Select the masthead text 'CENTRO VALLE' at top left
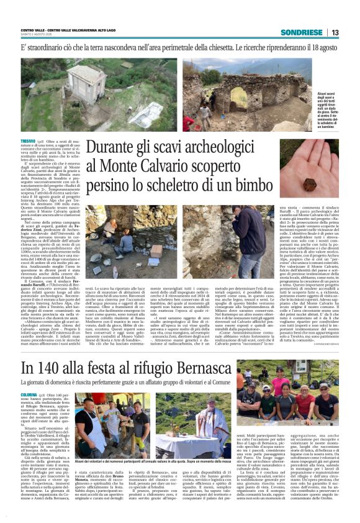34,30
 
